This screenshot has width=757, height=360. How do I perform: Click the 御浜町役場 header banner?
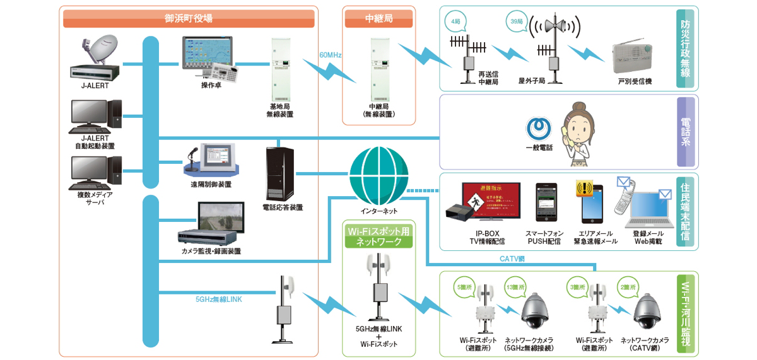(x=189, y=19)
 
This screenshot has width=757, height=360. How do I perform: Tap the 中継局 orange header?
(x=379, y=19)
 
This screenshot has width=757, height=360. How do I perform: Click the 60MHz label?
(x=330, y=55)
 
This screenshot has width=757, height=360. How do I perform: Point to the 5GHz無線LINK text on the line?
(x=219, y=299)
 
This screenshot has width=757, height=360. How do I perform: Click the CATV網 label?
(x=512, y=258)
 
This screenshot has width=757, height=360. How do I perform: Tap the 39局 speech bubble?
(x=515, y=21)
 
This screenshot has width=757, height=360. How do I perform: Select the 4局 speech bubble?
(x=456, y=21)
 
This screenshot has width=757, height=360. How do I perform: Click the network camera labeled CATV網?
(x=650, y=313)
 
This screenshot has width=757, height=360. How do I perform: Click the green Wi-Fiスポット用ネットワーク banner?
(x=378, y=236)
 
